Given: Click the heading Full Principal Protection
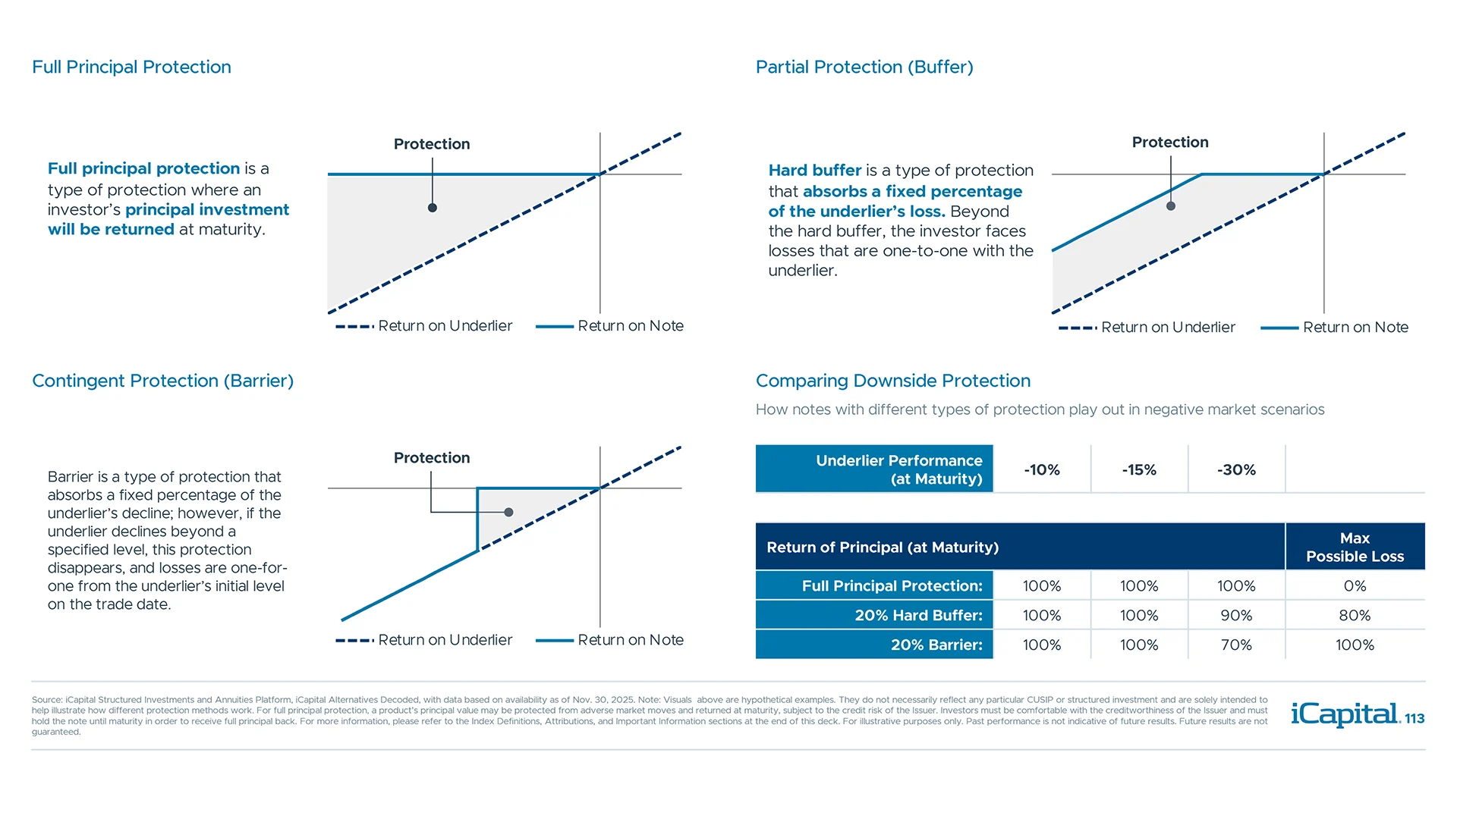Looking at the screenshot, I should point(131,67).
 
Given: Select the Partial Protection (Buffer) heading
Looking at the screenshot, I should point(864,67).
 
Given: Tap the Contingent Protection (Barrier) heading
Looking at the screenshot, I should point(162,381).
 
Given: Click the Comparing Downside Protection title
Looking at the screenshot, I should point(893,381).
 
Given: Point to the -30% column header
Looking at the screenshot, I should point(1236,469).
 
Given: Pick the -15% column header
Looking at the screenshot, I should point(1139,469).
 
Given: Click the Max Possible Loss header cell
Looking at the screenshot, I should point(1355,547).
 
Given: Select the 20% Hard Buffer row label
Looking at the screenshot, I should point(918,615).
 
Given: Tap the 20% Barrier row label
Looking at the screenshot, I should point(936,645).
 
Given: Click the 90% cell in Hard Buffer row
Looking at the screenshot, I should point(1236,615).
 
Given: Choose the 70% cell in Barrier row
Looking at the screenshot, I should point(1236,645).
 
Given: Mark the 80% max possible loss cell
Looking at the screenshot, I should point(1355,615).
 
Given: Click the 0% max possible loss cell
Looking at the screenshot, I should point(1355,585).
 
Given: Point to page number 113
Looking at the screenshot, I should point(1415,718).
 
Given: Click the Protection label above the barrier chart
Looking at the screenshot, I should point(432,457).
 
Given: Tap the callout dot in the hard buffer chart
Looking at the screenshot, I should point(1171,206).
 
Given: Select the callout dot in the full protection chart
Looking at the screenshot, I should point(432,207).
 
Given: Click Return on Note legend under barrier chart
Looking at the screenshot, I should point(630,640).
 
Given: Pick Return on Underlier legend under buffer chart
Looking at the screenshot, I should point(1167,327).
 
